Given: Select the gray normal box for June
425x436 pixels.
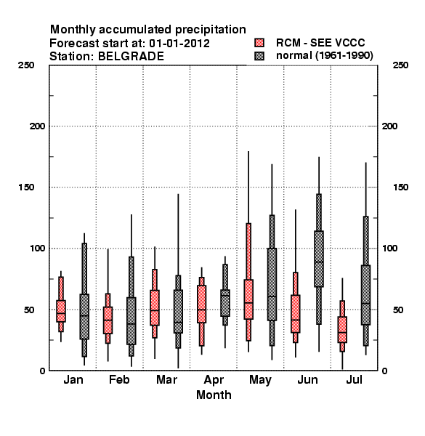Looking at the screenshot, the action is coord(319,259).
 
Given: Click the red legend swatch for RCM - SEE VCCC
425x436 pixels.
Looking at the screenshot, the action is coord(259,43).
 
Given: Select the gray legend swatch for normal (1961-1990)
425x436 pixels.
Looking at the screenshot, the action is coord(259,56).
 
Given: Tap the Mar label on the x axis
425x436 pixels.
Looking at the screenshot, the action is coord(166,379).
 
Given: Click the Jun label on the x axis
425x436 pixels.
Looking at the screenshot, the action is coord(307,379).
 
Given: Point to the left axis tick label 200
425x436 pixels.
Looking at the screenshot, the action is coord(37,126).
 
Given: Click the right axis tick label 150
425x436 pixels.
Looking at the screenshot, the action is coord(400,187).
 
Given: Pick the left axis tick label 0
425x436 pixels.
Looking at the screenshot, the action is coord(42,371).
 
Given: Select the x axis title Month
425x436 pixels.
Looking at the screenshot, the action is coord(214,395).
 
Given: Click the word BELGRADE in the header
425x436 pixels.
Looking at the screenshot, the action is coord(131,57).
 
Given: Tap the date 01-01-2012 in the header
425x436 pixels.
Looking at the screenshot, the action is coord(179,44).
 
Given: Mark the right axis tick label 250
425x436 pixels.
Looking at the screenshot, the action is coord(400,65).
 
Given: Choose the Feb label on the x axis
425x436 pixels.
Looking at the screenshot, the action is coord(119,379).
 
